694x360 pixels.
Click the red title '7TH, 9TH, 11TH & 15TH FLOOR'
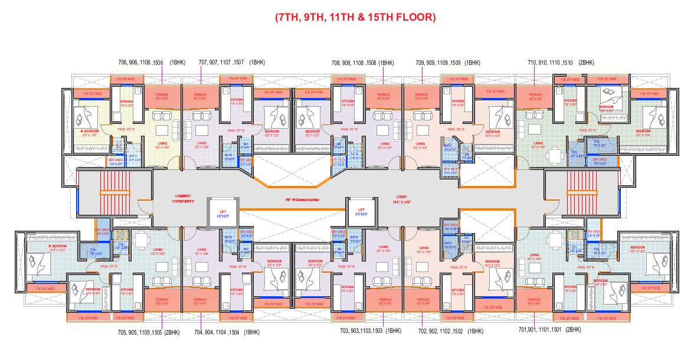click(355, 17)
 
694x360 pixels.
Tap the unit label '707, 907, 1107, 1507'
click(221, 62)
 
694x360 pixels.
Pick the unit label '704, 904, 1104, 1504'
click(218, 332)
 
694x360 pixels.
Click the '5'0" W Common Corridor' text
click(302, 201)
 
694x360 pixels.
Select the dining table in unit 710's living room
click(554, 155)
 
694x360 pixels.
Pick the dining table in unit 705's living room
click(141, 240)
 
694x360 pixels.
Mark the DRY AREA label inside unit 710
click(600, 159)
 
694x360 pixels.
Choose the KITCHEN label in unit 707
click(237, 101)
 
